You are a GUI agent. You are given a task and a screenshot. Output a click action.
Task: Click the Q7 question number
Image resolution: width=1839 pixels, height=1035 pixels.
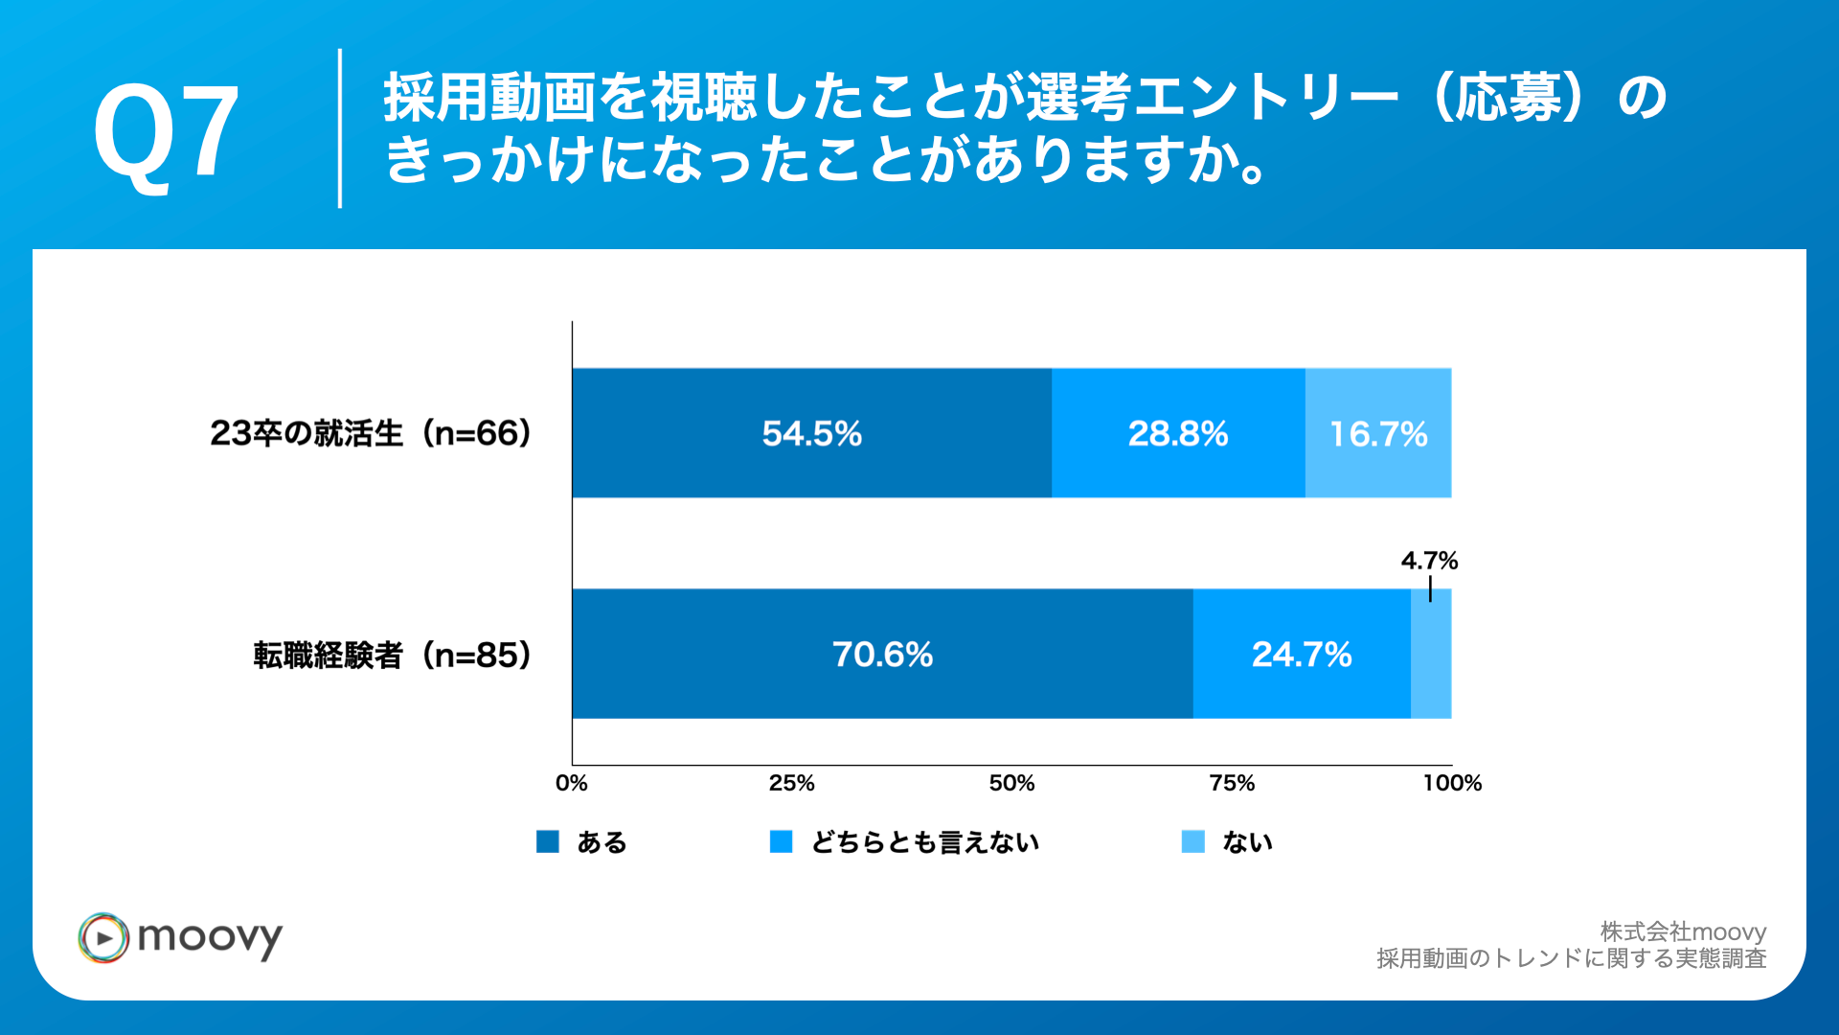166,131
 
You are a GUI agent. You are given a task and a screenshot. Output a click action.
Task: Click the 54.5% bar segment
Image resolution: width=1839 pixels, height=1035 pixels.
811,433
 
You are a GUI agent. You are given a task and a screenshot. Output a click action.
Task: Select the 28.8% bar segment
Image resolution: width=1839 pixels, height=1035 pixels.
1177,433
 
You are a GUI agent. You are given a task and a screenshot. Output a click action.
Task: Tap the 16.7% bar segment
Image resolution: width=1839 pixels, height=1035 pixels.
1377,433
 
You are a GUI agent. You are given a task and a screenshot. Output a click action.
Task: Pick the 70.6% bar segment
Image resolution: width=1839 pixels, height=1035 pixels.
881,655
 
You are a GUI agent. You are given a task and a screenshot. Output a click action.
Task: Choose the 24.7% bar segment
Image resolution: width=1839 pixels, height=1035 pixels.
1301,655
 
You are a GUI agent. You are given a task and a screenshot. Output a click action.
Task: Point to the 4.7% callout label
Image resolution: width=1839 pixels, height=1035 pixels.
1428,561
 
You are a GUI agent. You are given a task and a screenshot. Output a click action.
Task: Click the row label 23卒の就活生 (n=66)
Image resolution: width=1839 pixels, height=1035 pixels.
371,433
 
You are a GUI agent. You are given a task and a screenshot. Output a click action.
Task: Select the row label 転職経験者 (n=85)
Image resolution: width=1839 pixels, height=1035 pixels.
392,655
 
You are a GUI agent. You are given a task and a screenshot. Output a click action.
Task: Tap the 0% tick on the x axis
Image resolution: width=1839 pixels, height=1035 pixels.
572,783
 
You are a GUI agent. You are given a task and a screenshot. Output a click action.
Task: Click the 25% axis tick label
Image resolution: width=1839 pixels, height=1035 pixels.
791,783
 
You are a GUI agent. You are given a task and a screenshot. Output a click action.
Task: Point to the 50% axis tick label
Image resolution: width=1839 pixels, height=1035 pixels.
1011,783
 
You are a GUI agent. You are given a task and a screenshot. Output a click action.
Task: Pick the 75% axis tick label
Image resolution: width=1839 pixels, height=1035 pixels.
1232,783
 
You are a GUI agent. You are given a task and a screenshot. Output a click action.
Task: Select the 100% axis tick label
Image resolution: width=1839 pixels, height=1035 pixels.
1451,783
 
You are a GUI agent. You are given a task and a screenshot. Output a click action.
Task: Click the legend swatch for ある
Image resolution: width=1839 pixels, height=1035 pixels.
548,841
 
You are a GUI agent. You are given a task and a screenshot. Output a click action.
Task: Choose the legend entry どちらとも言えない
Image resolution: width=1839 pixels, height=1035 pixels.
924,842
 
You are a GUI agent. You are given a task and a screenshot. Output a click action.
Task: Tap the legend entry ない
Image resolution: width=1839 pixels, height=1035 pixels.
1247,842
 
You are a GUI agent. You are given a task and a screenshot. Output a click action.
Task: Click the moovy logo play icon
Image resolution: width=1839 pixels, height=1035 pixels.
103,937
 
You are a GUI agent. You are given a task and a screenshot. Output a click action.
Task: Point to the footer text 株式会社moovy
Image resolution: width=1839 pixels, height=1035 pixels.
1682,931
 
